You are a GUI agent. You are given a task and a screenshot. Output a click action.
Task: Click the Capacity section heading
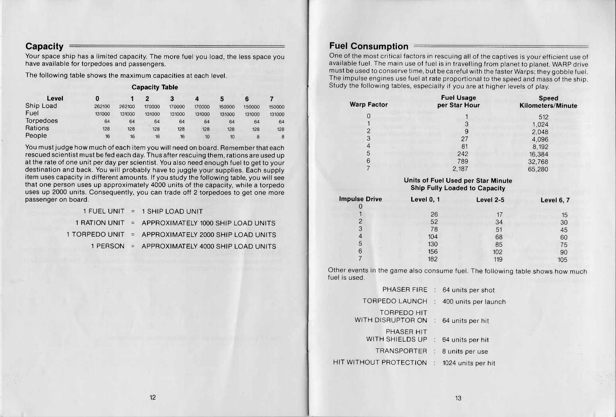(x=44, y=47)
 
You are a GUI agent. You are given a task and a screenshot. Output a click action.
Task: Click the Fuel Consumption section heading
(x=369, y=46)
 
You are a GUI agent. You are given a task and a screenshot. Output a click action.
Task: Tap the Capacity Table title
(x=155, y=87)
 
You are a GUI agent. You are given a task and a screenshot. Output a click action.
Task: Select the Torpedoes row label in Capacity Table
(x=41, y=121)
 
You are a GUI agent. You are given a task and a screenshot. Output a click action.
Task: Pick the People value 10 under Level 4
(x=206, y=136)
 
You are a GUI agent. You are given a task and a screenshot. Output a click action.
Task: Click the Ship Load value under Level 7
(x=276, y=107)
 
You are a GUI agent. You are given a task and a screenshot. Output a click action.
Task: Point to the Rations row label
(x=37, y=128)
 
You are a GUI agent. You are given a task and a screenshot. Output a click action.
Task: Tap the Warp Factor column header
(x=369, y=105)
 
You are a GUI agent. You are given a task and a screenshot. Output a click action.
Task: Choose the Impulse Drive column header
(x=360, y=199)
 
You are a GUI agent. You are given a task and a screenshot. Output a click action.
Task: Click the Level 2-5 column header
(x=490, y=199)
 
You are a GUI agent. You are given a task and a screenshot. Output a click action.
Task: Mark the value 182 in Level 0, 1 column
(x=432, y=259)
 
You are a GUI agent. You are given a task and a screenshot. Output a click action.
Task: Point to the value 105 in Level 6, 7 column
(x=562, y=259)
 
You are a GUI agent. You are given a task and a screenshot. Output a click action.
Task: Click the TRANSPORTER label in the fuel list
(x=401, y=351)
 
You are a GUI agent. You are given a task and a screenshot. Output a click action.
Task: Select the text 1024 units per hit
(x=469, y=363)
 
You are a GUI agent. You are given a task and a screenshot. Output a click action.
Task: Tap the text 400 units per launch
(x=474, y=302)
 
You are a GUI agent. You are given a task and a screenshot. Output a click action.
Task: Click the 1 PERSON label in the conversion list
(x=108, y=246)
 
